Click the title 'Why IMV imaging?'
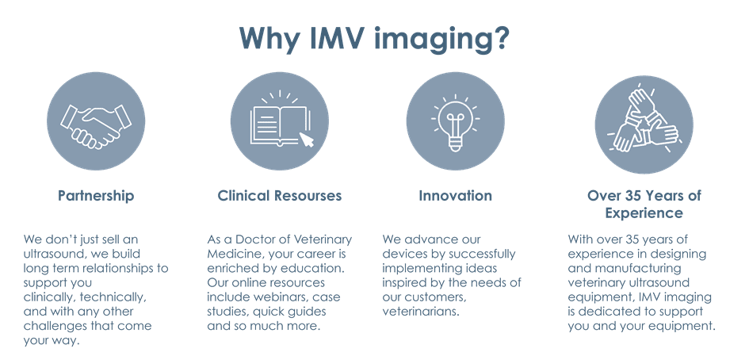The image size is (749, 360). tap(374, 37)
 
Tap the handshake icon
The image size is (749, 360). tap(96, 121)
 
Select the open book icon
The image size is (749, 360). tap(279, 121)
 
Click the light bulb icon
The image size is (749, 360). tap(455, 121)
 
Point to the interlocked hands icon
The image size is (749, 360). tap(644, 121)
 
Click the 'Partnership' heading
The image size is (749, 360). tap(96, 196)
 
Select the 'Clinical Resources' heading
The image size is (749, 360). tap(280, 196)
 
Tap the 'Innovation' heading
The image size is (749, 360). tap(456, 196)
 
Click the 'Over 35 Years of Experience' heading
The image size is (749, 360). tap(644, 204)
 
